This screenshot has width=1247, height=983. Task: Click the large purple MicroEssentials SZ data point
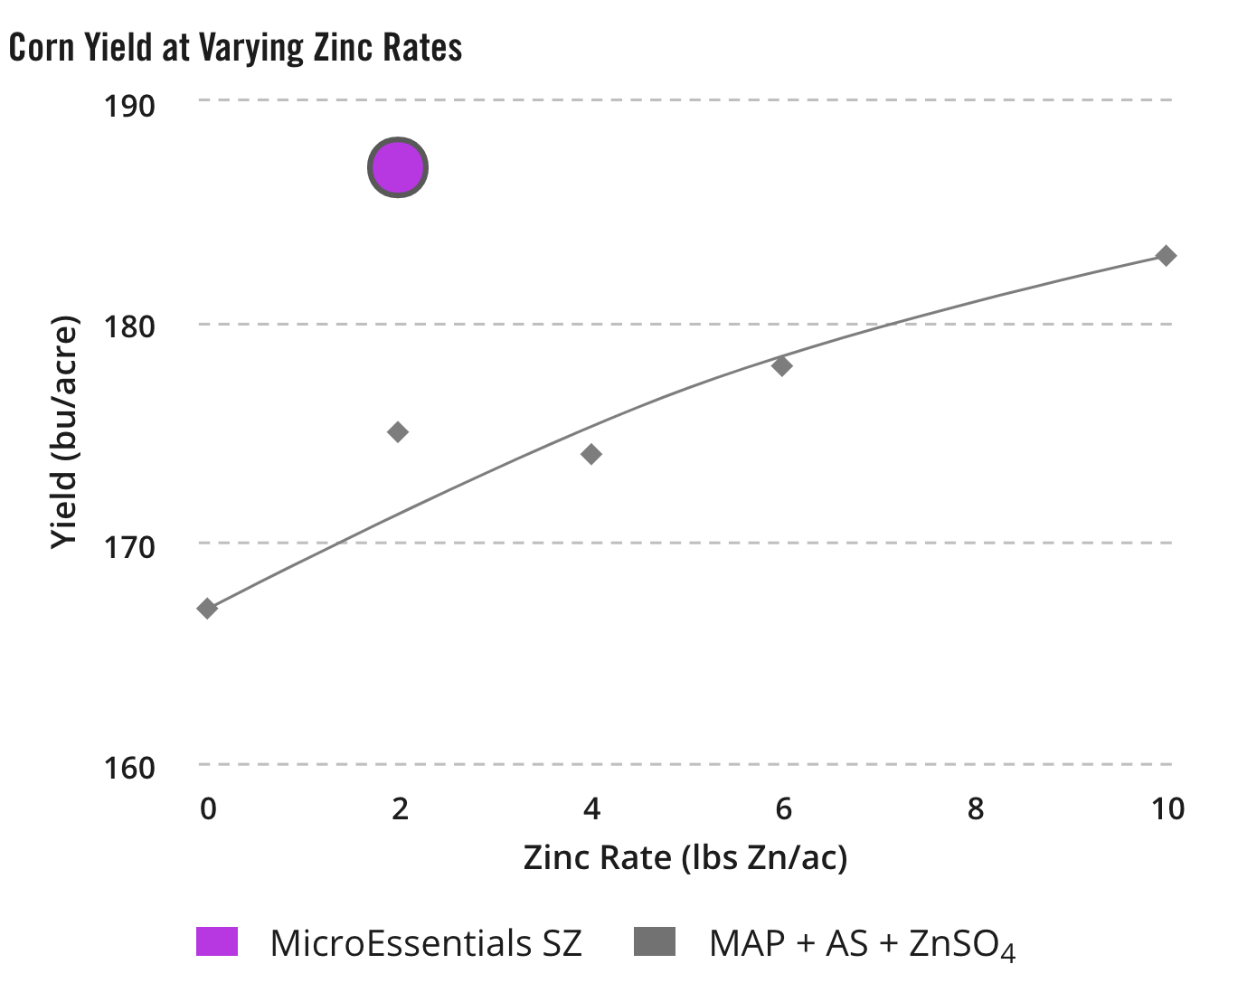click(x=398, y=167)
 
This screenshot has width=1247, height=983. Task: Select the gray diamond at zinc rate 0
click(x=207, y=608)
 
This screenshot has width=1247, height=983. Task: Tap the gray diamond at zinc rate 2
click(x=398, y=431)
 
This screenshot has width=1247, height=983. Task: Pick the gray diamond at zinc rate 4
click(x=591, y=454)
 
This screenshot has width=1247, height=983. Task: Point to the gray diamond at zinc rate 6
click(x=782, y=365)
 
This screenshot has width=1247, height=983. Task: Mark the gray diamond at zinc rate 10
click(x=1167, y=256)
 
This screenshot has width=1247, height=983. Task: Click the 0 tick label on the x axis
click(x=208, y=808)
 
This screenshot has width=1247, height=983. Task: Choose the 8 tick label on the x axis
click(x=975, y=808)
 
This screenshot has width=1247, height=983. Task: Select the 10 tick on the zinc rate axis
click(x=1167, y=808)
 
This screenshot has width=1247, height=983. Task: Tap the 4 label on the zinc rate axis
click(x=591, y=808)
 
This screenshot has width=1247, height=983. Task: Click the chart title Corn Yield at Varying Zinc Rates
click(x=236, y=48)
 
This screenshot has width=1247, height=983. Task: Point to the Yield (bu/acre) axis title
click(x=64, y=432)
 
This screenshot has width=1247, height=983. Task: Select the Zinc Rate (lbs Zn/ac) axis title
click(x=685, y=856)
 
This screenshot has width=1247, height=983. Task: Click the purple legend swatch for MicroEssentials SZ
click(x=217, y=941)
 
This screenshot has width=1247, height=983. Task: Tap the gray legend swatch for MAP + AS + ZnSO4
click(x=654, y=941)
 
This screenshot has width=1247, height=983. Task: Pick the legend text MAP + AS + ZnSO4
click(x=862, y=943)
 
